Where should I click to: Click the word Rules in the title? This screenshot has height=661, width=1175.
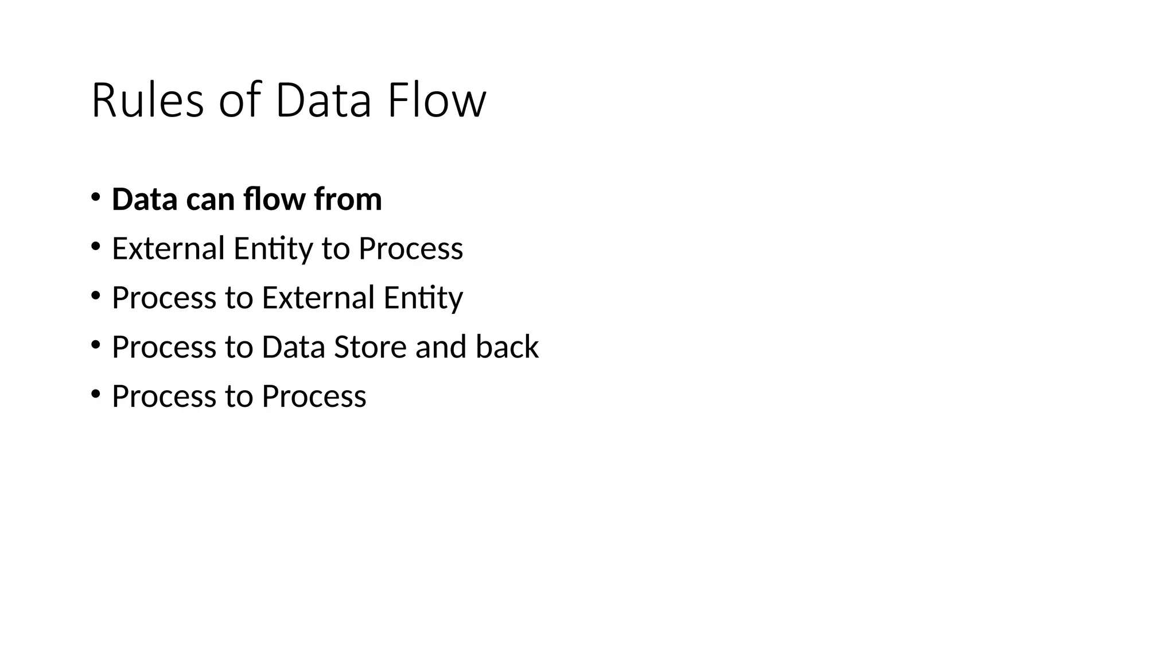point(147,101)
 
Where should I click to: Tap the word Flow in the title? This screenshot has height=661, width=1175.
point(437,101)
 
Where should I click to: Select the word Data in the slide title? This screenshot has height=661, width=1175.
point(323,101)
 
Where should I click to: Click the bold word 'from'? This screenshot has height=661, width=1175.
point(348,199)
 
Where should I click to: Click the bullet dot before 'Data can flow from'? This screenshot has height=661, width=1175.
point(95,197)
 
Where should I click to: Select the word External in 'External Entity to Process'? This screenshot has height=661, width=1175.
point(168,248)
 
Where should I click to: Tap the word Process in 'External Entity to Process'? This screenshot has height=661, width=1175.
point(410,248)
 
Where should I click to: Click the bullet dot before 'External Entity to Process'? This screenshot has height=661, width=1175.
point(95,247)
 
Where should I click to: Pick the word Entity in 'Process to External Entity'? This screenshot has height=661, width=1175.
point(423,298)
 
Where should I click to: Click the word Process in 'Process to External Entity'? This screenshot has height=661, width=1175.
point(164,298)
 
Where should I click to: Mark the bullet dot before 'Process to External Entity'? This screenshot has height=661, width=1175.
point(95,296)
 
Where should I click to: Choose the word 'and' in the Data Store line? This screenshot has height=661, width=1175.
point(440,347)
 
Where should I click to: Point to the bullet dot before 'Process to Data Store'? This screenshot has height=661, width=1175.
point(95,345)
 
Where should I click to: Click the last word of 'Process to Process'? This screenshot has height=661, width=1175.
point(314,396)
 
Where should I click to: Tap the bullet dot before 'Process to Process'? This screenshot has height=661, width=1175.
point(95,395)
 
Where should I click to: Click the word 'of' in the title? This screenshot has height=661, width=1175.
point(240,101)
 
